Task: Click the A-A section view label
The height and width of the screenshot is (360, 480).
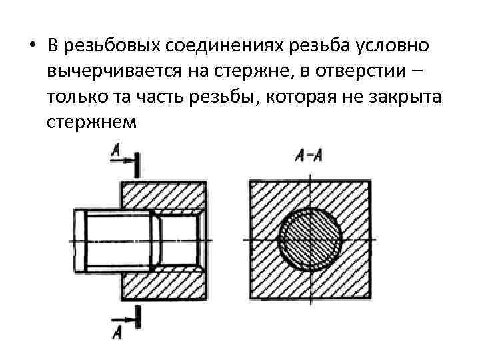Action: (x=309, y=157)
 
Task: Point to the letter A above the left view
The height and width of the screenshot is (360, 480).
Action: (x=116, y=153)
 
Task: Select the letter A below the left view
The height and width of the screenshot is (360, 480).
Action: (x=117, y=330)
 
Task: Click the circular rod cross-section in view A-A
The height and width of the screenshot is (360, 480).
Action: (x=310, y=241)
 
